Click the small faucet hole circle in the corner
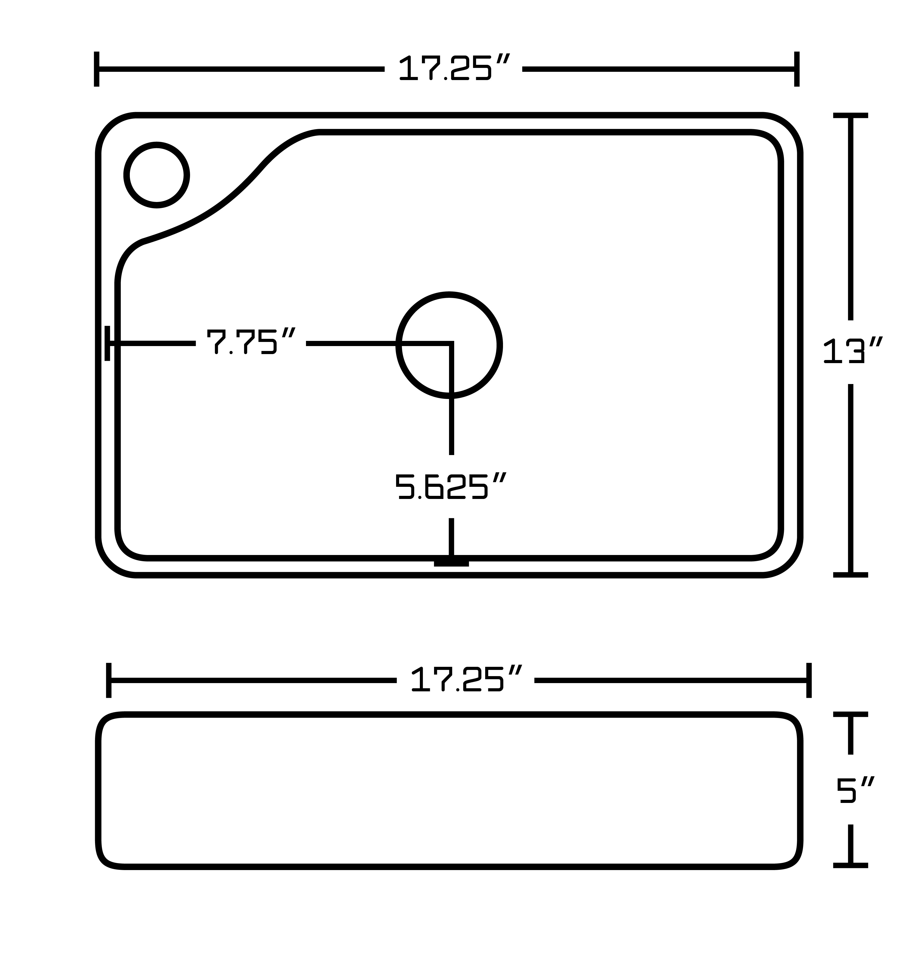(157, 175)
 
